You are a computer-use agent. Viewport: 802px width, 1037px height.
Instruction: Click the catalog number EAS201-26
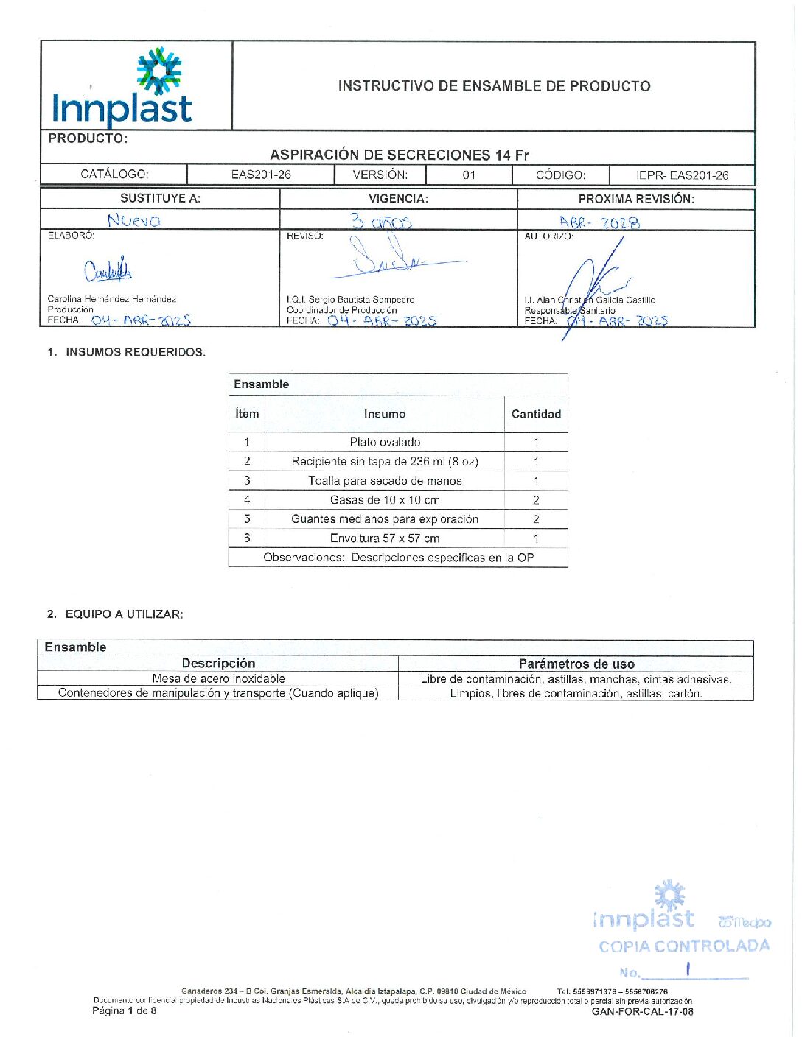[261, 175]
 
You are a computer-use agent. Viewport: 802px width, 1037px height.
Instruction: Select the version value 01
[469, 175]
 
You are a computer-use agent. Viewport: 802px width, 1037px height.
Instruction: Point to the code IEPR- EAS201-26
[682, 175]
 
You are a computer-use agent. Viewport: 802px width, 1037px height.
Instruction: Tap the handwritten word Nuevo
[133, 220]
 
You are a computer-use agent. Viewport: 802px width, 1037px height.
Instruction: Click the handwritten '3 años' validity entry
[381, 221]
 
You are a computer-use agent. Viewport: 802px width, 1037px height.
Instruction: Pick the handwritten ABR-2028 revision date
[599, 222]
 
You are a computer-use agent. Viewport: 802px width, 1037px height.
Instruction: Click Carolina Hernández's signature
[108, 271]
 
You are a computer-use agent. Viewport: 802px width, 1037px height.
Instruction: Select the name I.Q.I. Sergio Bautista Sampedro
[350, 300]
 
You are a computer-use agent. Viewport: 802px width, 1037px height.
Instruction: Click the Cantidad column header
[536, 414]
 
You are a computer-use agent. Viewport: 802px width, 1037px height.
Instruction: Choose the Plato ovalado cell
[385, 442]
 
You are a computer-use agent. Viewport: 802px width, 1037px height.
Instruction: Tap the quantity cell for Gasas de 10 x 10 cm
[536, 500]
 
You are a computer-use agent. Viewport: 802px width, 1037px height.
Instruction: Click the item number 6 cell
[247, 538]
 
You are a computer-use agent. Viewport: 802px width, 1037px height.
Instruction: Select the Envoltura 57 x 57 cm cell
[385, 538]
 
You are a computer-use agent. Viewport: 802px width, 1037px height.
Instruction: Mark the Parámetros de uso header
[576, 664]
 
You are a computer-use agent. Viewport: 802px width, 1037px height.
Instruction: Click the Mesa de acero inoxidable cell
[218, 678]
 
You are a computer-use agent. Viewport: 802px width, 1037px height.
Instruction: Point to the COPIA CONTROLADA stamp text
[683, 946]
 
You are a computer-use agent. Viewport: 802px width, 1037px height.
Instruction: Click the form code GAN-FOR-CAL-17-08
[642, 1012]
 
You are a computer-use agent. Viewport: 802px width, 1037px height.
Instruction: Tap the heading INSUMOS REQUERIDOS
[136, 352]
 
